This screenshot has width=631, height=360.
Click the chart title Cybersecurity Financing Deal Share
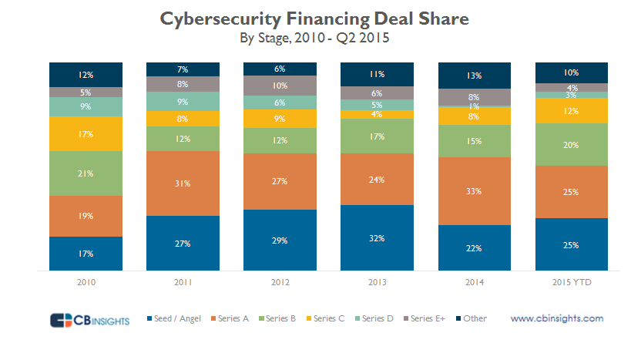coord(314,19)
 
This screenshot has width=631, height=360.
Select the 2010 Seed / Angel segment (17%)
coord(86,254)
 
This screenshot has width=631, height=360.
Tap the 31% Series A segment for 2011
coord(183,183)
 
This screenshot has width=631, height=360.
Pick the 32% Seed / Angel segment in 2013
coord(378,238)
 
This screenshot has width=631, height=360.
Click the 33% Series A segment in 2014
coord(475,191)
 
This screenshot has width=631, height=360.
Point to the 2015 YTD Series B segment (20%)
coord(572,144)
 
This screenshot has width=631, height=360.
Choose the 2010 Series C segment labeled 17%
coord(86,133)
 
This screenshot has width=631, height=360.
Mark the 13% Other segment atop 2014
coord(475,76)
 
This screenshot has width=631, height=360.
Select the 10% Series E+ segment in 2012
coord(280,86)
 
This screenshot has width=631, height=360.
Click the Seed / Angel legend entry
coord(176,318)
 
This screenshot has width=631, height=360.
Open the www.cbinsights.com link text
coord(557,318)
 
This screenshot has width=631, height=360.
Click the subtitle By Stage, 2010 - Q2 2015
coord(314,35)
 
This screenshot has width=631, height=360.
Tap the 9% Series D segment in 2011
coord(183,101)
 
